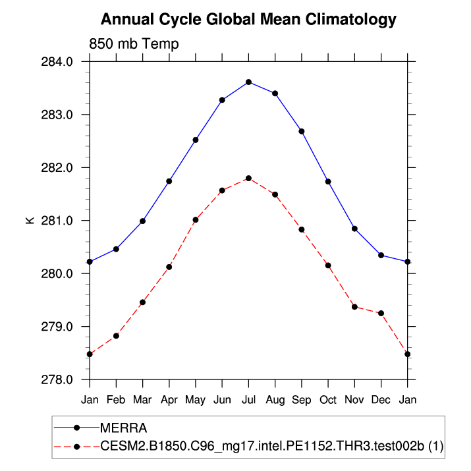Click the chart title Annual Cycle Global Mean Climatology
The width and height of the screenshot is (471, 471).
point(249,20)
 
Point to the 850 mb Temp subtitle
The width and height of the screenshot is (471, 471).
point(134,44)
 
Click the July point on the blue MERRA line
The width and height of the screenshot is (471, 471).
point(248,82)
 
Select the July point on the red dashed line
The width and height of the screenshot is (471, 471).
point(248,178)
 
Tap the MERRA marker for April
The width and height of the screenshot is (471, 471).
point(169,181)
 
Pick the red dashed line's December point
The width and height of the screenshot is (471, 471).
point(381,313)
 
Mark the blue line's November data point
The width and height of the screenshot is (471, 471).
point(354,229)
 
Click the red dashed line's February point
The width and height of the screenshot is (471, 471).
point(116,336)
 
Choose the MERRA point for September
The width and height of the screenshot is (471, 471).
point(302,131)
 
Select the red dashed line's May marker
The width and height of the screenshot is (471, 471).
point(196,219)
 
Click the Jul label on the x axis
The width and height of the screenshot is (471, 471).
point(248,400)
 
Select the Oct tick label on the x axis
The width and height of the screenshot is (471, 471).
point(328,400)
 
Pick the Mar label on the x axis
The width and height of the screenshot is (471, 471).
point(143,400)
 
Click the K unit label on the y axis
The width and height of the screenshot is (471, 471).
point(30,221)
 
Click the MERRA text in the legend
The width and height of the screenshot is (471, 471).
point(124,429)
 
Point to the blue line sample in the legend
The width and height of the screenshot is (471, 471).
point(76,429)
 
